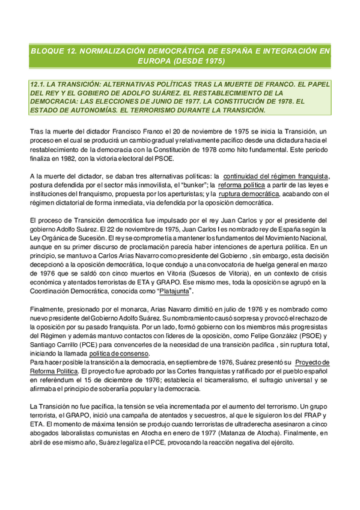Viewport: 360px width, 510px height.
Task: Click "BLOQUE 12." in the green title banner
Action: (x=55, y=51)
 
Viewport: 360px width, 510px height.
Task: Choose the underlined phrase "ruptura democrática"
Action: (x=248, y=194)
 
